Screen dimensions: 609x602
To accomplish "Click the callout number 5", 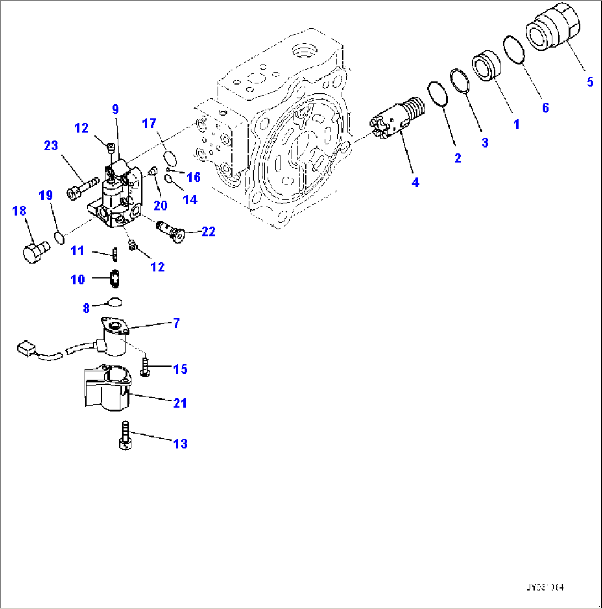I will point(590,82).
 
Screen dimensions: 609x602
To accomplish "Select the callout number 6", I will point(545,108).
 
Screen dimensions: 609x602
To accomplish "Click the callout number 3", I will point(485,143).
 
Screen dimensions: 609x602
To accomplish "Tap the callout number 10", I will point(77,280).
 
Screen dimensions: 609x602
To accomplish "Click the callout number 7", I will point(176,324).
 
